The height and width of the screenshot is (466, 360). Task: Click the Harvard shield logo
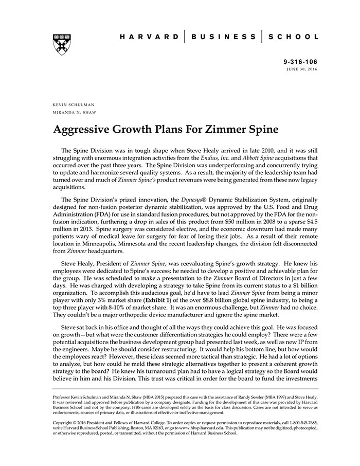click(62, 45)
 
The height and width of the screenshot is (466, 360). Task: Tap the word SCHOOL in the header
click(295, 37)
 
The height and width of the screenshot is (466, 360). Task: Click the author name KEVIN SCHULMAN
click(74, 105)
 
